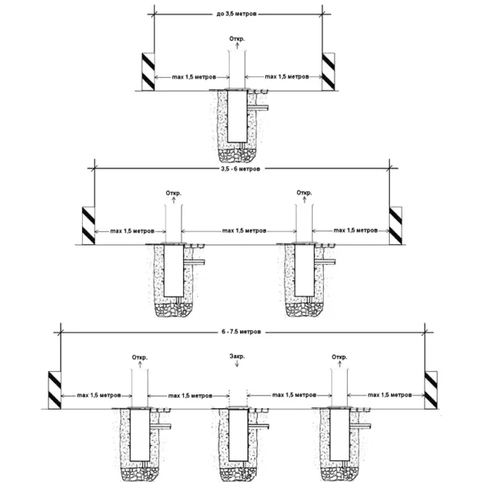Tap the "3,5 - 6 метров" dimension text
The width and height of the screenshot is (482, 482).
(242, 170)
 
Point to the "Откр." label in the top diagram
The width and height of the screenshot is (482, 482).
(238, 39)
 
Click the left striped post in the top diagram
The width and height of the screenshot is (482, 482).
(149, 71)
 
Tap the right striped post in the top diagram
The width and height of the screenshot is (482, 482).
(328, 71)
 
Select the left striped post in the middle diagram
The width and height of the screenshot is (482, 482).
(88, 225)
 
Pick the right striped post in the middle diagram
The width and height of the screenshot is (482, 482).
(395, 225)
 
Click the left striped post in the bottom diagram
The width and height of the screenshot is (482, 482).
(55, 389)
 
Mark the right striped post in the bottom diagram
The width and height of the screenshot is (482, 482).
(431, 389)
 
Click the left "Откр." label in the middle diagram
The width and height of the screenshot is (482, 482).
(174, 193)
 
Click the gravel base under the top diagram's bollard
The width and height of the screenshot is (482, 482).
(238, 151)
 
